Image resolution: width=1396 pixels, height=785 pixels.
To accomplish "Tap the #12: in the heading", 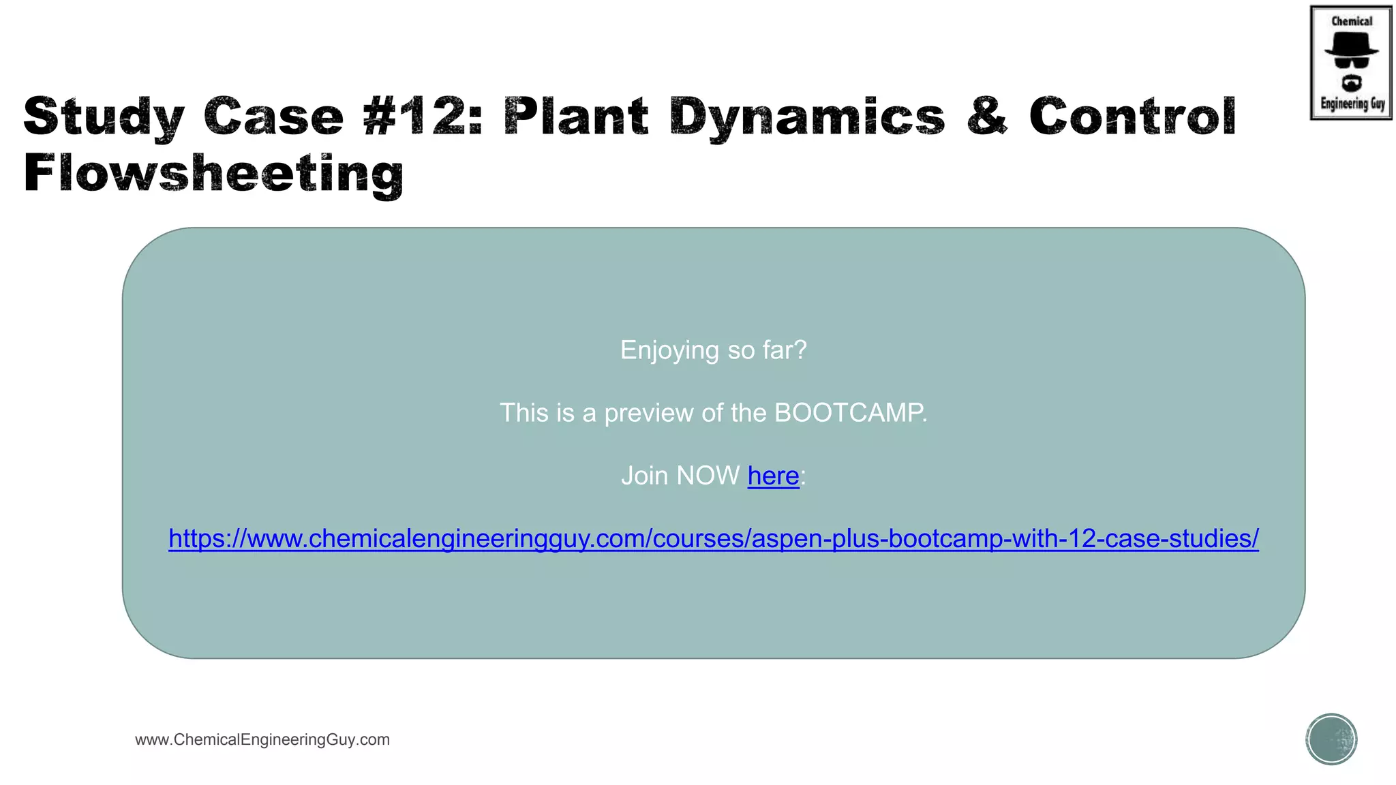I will click(x=423, y=116).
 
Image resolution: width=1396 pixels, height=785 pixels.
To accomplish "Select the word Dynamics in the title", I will click(x=807, y=117).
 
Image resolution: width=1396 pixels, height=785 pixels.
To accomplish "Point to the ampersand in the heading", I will click(x=986, y=116).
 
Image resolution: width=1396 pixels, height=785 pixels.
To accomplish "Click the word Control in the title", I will click(x=1132, y=116).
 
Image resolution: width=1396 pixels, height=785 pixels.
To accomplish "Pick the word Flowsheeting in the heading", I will click(x=213, y=173).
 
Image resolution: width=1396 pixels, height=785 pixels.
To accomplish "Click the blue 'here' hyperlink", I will click(x=773, y=476).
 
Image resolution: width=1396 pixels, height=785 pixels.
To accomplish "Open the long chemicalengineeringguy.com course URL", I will click(x=714, y=538).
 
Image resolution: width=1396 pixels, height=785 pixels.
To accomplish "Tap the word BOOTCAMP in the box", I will click(x=850, y=413).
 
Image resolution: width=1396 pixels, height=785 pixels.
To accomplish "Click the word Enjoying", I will click(x=669, y=350).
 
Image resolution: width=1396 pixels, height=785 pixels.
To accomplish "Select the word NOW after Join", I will click(x=708, y=476).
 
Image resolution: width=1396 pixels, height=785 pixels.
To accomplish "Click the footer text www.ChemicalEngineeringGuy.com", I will click(x=262, y=739).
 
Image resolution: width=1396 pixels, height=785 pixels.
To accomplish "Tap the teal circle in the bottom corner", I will click(x=1331, y=739).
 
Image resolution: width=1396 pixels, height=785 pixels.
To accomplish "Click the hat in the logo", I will click(x=1351, y=44).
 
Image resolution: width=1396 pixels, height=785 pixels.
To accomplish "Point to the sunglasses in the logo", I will click(x=1351, y=63).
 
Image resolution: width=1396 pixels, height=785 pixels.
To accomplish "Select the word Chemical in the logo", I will click(x=1352, y=21).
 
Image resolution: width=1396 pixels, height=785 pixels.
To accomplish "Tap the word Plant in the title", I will click(x=576, y=116).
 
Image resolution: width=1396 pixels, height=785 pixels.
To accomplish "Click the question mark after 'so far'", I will click(x=800, y=350).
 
